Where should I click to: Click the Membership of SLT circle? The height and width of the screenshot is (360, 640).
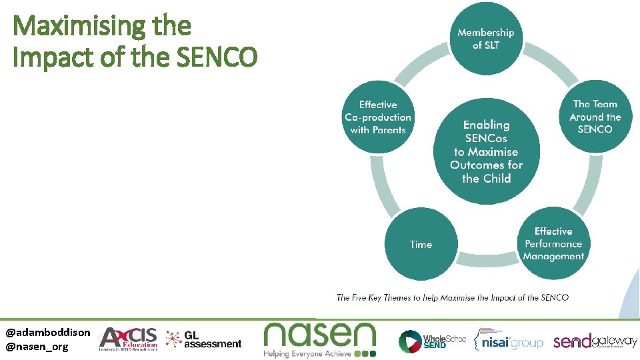pyautogui.click(x=485, y=39)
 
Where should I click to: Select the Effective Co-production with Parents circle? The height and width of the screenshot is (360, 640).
pyautogui.click(x=378, y=117)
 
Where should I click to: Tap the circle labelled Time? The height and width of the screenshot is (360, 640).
pyautogui.click(x=421, y=244)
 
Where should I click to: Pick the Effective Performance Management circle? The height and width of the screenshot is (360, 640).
pyautogui.click(x=553, y=244)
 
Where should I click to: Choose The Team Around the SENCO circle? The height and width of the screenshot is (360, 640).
pyautogui.click(x=595, y=116)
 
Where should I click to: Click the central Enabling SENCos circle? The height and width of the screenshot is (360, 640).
pyautogui.click(x=486, y=151)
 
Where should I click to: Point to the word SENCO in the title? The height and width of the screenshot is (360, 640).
pyautogui.click(x=217, y=58)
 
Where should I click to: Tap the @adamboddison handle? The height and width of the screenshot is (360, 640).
pyautogui.click(x=48, y=332)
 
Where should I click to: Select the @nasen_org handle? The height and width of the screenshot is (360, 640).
pyautogui.click(x=37, y=346)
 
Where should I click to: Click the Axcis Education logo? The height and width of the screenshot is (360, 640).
pyautogui.click(x=128, y=339)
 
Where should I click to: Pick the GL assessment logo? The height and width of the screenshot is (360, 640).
pyautogui.click(x=204, y=339)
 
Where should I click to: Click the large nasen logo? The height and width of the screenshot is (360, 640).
pyautogui.click(x=320, y=334)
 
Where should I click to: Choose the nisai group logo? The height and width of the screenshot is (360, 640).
pyautogui.click(x=508, y=341)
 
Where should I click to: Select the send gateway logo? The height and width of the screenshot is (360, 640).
pyautogui.click(x=595, y=341)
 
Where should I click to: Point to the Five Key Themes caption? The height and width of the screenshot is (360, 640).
pyautogui.click(x=453, y=297)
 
